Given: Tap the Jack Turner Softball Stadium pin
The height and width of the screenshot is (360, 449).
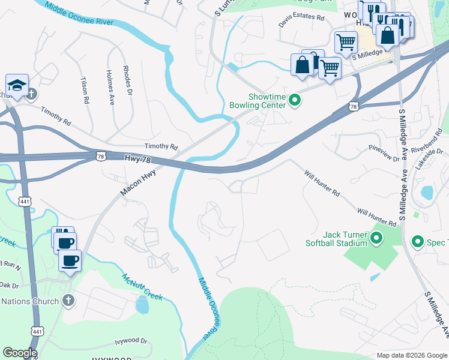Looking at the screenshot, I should coord(376,239).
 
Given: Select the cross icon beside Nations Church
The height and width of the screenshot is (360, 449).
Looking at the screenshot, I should coord(68,301).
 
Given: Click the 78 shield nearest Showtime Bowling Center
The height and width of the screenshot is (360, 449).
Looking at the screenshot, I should coord(353,107).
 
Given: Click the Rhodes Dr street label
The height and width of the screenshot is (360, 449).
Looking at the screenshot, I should coord(127,80).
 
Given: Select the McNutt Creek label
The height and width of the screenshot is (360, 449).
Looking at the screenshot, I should coord(142,288).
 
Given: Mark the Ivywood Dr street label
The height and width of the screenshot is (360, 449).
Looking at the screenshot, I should coord(131,341).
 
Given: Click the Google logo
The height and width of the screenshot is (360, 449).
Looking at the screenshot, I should coord(19,353).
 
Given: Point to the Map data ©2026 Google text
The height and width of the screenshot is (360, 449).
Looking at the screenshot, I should coord(412,355).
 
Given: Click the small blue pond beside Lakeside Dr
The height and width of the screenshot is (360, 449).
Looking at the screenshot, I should coord(427,193).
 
